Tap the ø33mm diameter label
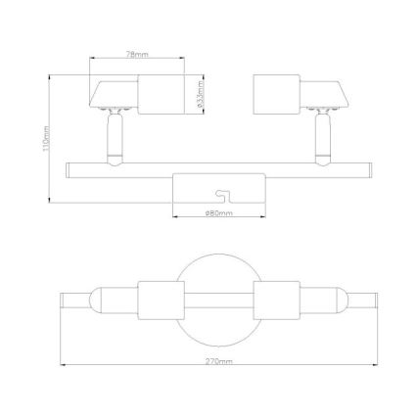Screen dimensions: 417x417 (201, 95)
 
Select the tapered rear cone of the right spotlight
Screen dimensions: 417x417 (331, 97)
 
